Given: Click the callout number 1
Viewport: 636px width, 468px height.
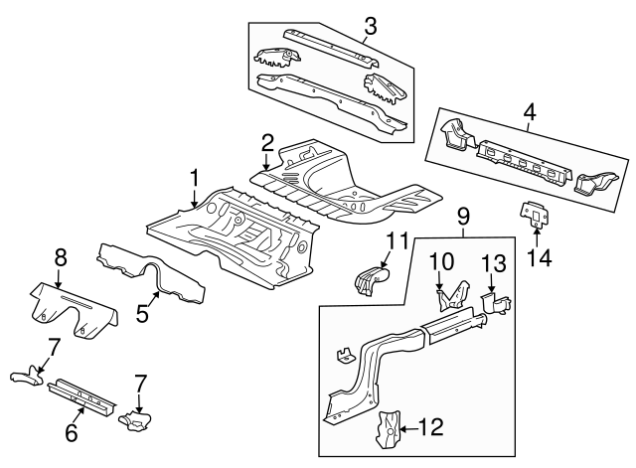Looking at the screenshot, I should coord(195,179).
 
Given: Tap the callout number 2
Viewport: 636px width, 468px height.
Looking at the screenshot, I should coord(267,143).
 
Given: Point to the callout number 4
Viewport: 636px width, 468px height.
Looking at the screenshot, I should coord(529,114).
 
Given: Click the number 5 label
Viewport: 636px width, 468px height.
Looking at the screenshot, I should coord(142,313).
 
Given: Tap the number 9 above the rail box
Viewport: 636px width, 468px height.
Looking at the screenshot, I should coord(461,216).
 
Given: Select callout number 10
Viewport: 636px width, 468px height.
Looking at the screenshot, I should coord(439,261).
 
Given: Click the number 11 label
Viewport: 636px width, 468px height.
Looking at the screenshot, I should coord(397,239).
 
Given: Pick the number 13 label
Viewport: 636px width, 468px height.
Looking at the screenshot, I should coord(494,262).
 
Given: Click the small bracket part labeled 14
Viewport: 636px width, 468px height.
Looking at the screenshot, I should coord(536,216).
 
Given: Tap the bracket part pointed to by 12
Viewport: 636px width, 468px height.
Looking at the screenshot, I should coord(388,428).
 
